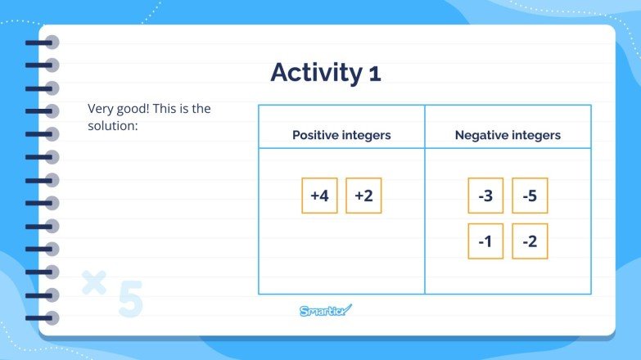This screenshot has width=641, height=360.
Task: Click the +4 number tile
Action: tap(319, 196)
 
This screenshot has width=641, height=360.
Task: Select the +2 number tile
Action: tap(363, 196)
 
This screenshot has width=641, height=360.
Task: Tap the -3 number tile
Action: tap(485, 196)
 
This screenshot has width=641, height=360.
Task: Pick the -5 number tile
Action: tap(530, 196)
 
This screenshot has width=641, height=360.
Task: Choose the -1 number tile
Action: tap(485, 241)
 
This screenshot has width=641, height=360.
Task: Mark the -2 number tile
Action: tap(530, 241)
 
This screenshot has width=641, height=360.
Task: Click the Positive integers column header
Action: tap(341, 135)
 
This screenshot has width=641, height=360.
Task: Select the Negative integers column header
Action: tap(508, 135)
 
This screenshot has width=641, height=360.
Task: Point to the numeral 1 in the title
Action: tap(374, 74)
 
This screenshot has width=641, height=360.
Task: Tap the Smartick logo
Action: tap(325, 310)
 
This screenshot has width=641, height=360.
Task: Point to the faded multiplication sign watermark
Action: tap(95, 282)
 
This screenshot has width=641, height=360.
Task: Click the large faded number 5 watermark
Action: tap(129, 300)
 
